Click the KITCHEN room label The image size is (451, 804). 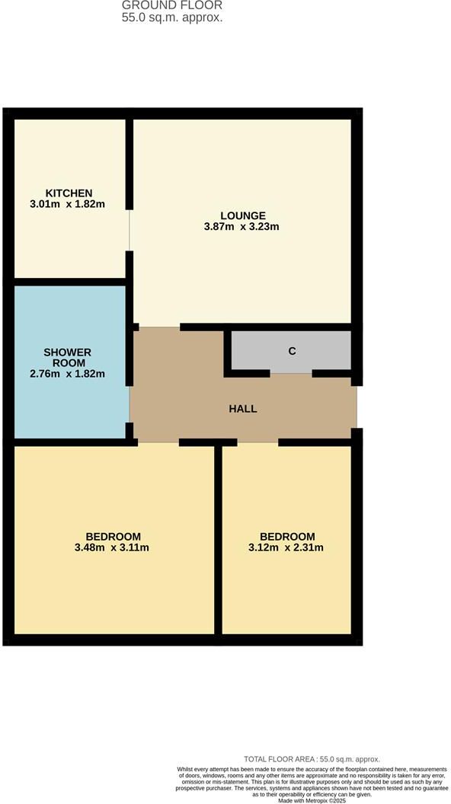(x=69, y=193)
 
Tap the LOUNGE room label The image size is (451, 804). (x=243, y=216)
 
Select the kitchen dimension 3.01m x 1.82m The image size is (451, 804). (x=68, y=203)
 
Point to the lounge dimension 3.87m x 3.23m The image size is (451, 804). (x=241, y=226)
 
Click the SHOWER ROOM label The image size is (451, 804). (x=68, y=357)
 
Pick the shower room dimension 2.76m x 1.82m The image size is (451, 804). (x=68, y=373)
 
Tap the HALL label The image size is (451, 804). (x=243, y=409)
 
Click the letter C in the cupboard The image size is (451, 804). (x=292, y=351)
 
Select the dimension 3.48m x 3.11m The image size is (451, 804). (x=112, y=547)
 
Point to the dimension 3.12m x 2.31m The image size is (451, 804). (x=286, y=547)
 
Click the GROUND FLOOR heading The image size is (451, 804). (x=172, y=5)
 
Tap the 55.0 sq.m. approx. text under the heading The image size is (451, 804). (x=172, y=18)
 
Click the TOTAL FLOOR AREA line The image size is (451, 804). (x=312, y=759)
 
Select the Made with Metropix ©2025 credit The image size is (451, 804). (x=312, y=800)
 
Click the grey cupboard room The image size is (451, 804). (x=292, y=350)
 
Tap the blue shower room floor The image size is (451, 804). (x=70, y=362)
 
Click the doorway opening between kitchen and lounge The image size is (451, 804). (x=130, y=230)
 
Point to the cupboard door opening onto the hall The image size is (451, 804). (x=291, y=373)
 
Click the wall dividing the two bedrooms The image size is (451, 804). (x=218, y=539)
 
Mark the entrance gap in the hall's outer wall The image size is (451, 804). (x=357, y=407)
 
